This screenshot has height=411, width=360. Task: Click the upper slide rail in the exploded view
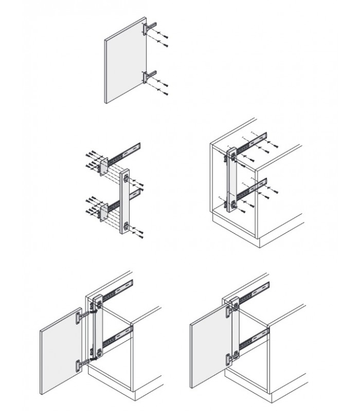coord(126,151)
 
